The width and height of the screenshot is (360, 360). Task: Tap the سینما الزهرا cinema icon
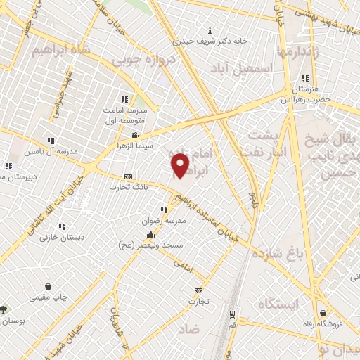135,135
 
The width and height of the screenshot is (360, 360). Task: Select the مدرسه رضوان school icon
164,210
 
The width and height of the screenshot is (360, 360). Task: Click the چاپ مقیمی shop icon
48,287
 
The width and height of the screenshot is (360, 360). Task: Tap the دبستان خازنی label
63,237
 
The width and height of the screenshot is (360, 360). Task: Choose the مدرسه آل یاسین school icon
49,141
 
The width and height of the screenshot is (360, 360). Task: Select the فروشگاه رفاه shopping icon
323,313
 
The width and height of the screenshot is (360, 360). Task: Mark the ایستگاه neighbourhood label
278,304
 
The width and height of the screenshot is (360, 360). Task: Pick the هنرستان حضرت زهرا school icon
304,79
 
